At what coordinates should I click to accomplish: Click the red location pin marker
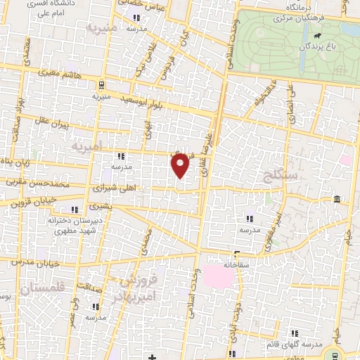click(x=181, y=165)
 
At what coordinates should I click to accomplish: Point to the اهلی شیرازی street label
click(x=112, y=189)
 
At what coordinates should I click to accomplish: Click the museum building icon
click(x=337, y=198)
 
